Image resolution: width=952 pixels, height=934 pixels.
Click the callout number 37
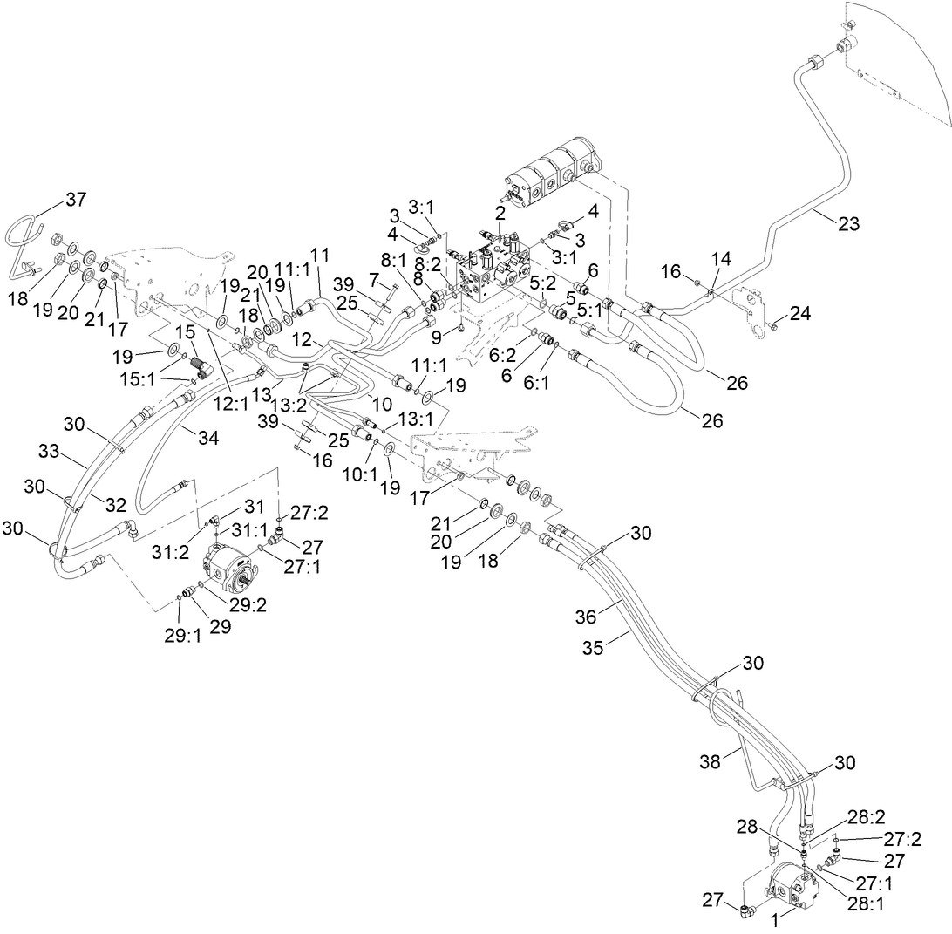[76, 200]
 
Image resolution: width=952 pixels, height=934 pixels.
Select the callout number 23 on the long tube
[848, 224]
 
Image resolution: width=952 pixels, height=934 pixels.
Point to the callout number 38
[711, 761]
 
